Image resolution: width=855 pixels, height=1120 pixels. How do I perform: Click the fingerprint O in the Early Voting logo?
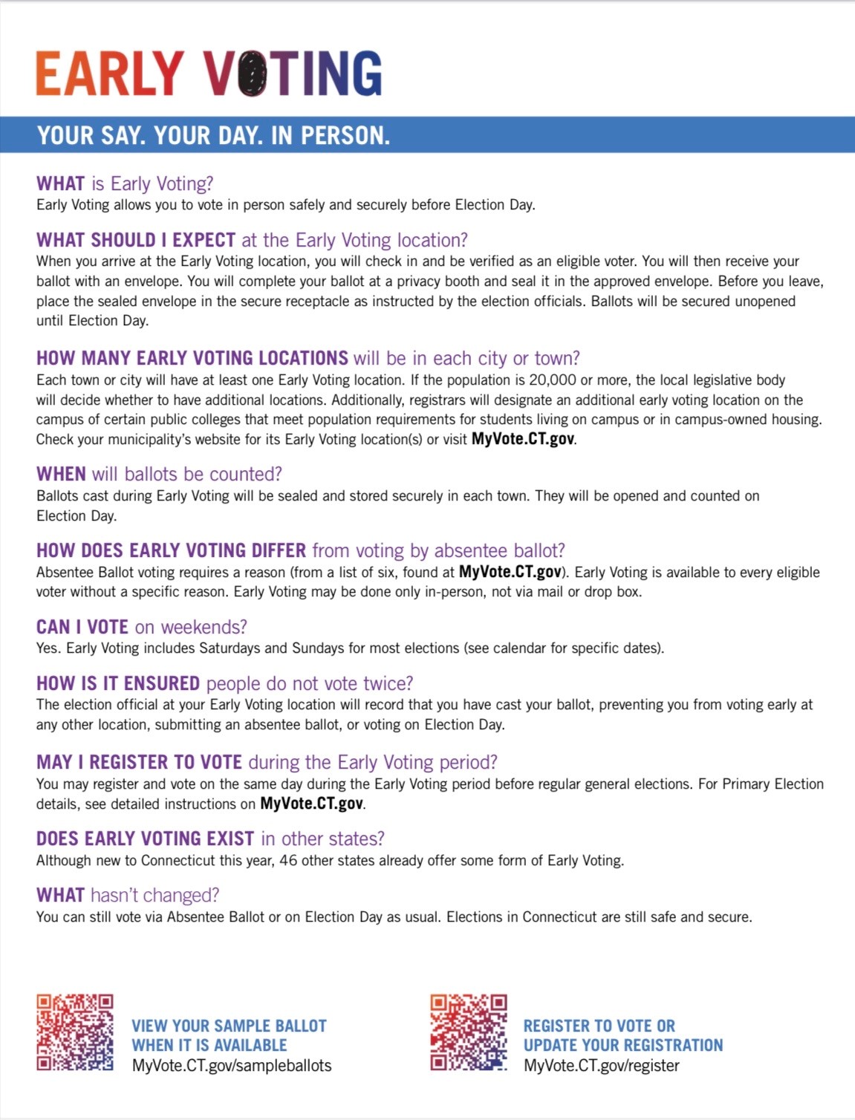point(252,74)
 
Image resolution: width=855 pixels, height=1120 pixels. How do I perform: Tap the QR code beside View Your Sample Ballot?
point(75,1032)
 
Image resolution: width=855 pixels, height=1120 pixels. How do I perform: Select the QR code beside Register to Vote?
point(469,1032)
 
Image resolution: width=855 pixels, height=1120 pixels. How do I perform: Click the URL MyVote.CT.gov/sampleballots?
point(232,1066)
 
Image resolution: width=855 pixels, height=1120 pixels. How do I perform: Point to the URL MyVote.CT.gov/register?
point(601,1066)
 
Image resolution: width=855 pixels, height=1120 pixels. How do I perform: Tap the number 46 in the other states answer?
point(288,861)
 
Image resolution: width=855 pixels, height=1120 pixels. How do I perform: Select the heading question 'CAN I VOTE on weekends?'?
point(141,627)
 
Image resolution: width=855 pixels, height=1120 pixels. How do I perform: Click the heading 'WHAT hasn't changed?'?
point(128,895)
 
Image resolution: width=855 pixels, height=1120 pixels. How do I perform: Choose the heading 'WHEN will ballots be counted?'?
point(159,474)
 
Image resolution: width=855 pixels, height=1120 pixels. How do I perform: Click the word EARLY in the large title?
point(110,74)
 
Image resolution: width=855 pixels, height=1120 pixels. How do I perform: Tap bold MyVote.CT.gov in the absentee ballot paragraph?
point(510,572)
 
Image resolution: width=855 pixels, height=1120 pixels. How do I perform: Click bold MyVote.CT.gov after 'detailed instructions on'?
point(311,804)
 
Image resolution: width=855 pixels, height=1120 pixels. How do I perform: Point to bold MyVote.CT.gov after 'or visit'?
point(523,439)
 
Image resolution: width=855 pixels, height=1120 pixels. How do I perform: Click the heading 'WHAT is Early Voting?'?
point(125,183)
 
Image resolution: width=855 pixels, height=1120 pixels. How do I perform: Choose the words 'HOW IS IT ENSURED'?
point(118,683)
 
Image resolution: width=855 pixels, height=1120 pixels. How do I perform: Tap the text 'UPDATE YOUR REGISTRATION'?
point(622,1045)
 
